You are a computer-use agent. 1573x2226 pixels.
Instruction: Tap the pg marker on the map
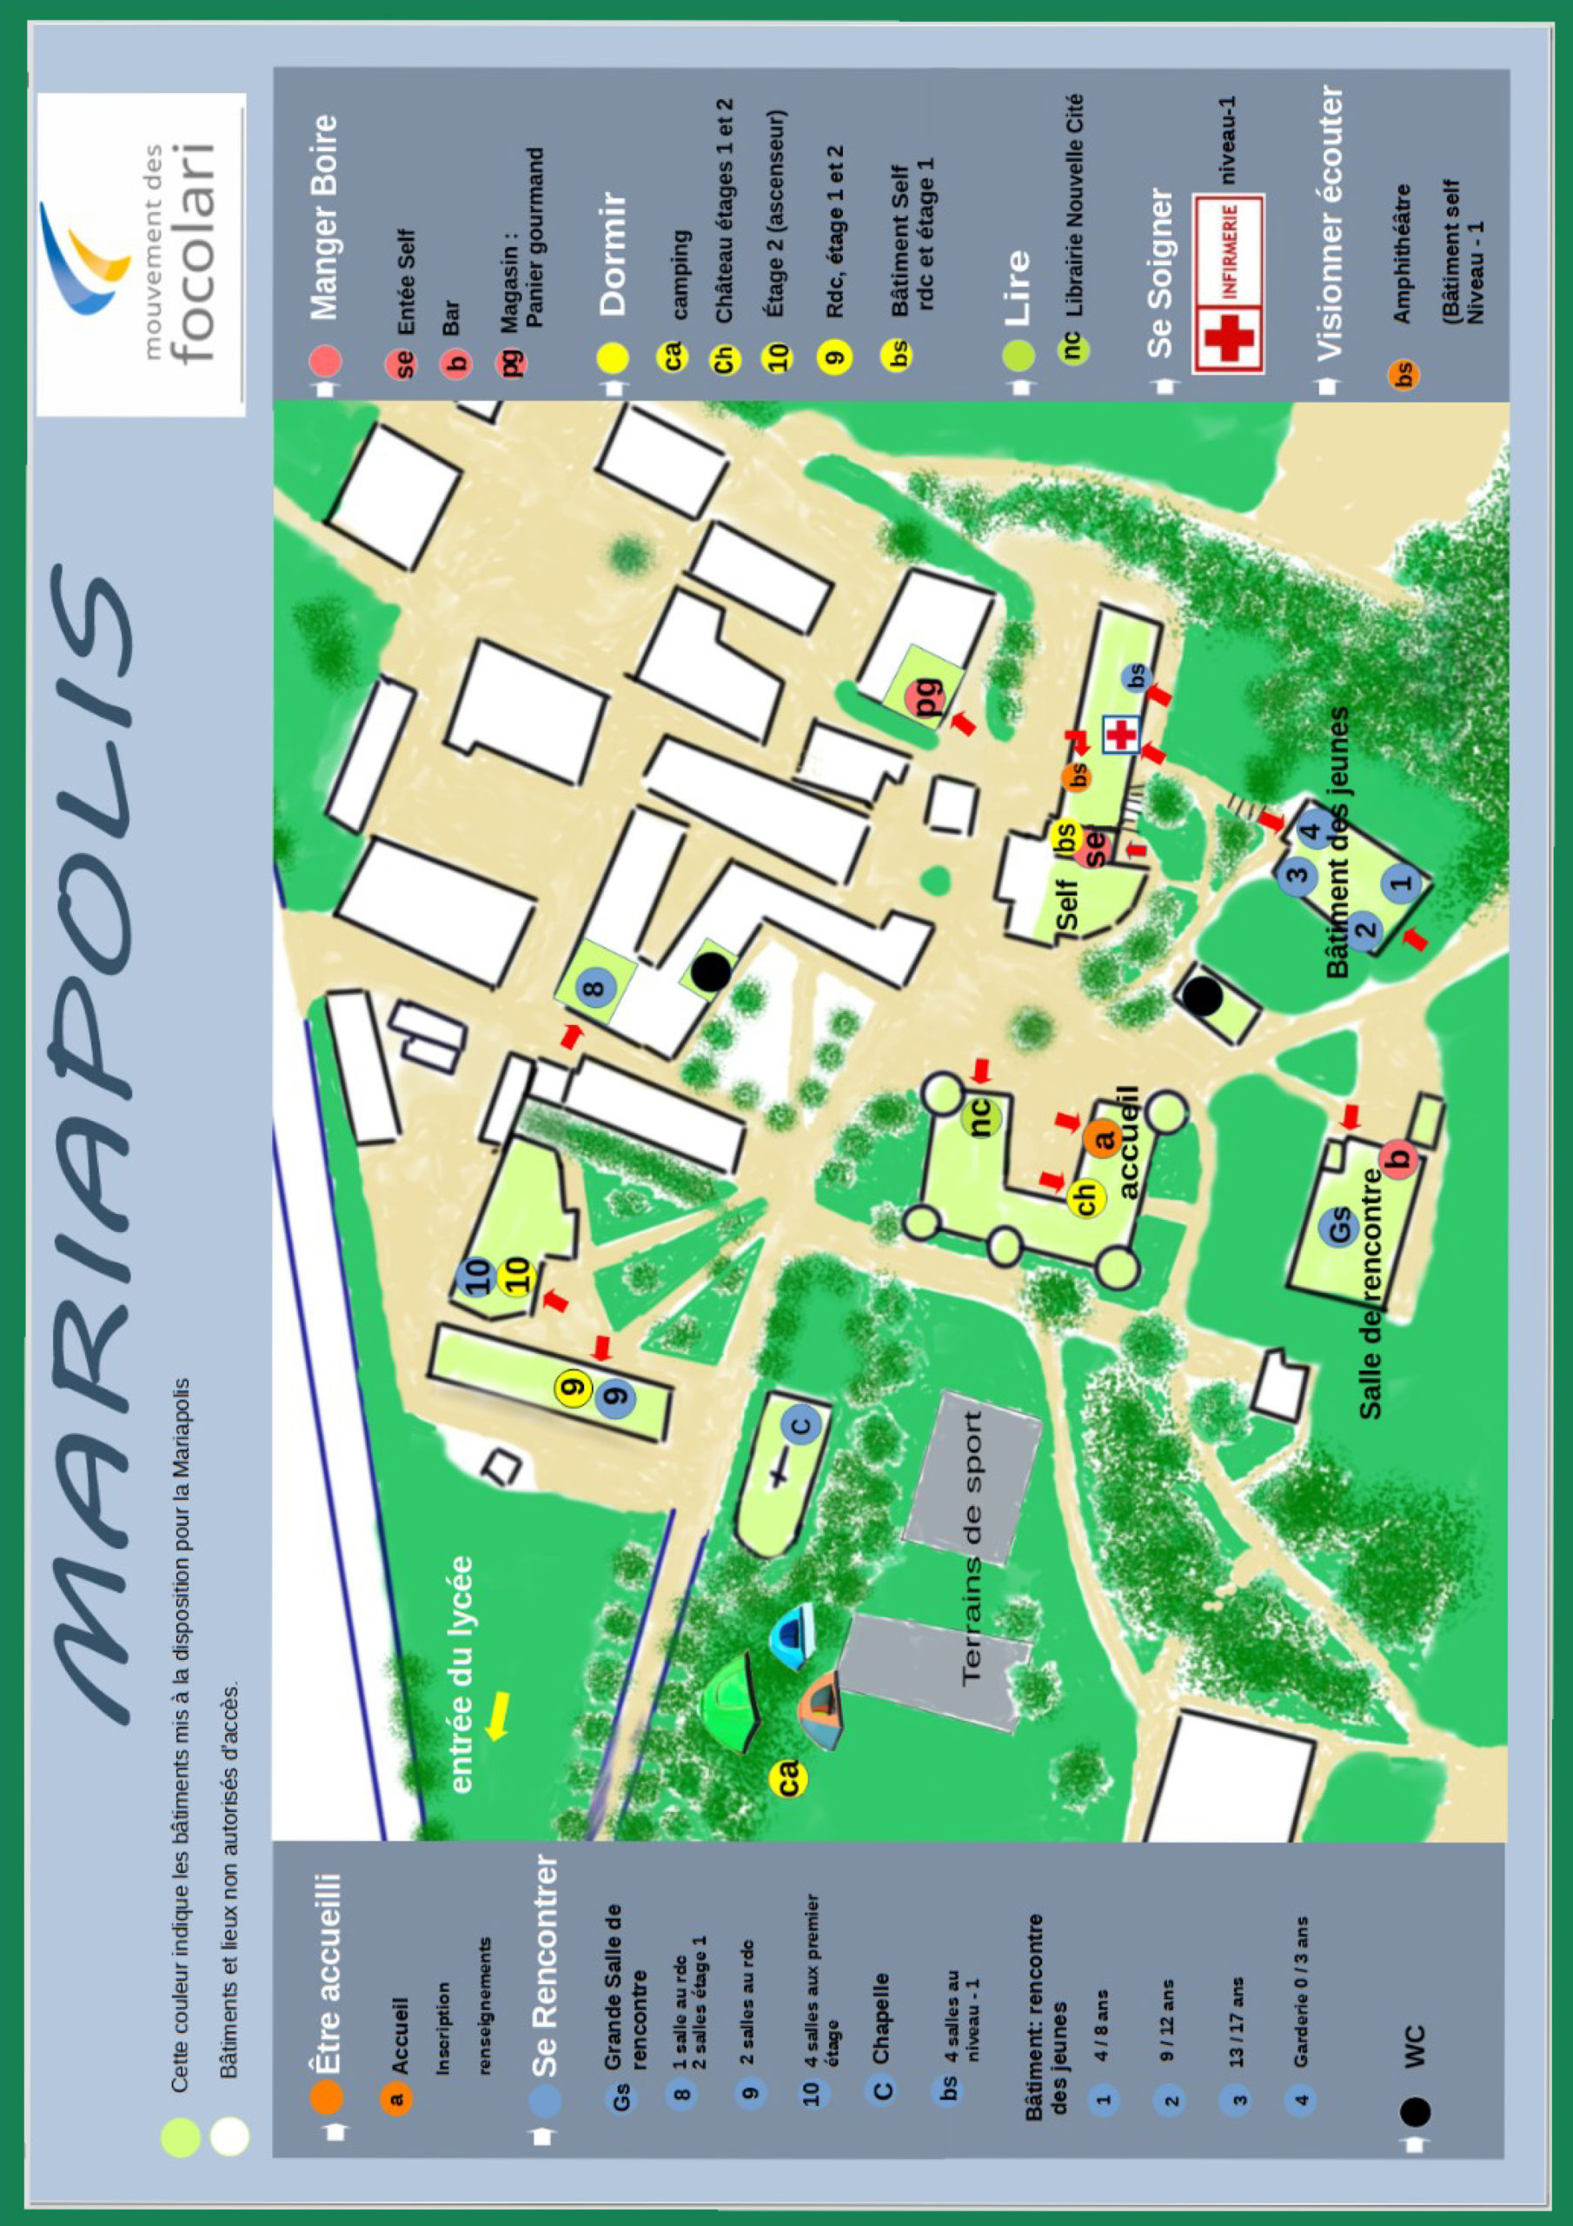pos(926,697)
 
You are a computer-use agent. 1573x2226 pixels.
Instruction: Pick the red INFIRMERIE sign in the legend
pos(1228,282)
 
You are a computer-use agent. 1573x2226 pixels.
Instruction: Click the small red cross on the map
pos(1121,735)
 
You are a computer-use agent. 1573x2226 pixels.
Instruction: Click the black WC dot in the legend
pos(1414,2110)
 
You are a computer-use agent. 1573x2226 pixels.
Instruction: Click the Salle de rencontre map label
pos(1371,1295)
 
